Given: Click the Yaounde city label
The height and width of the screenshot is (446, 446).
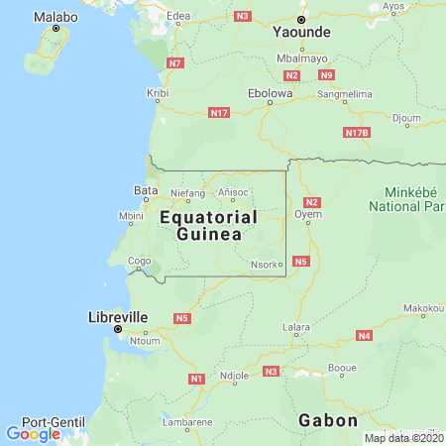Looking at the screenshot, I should [x=300, y=31].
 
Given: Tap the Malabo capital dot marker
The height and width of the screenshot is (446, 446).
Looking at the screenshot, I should [x=56, y=29].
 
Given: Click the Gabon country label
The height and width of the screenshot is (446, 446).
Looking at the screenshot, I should [x=327, y=420].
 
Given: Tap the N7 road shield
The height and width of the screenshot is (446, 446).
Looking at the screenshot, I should [x=175, y=63].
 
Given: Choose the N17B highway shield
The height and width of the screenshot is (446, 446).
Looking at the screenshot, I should [x=356, y=132].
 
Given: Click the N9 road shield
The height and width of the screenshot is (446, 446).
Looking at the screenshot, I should [x=326, y=75].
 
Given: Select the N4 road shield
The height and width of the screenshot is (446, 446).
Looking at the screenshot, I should [x=365, y=336].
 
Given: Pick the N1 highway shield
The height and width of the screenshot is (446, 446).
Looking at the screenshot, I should [x=196, y=379].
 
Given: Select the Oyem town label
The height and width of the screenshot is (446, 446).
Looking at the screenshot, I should [x=307, y=213].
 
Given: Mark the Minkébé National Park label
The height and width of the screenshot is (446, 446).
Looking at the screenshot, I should [x=406, y=199].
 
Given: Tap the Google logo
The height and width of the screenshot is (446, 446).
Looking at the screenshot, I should [x=33, y=433].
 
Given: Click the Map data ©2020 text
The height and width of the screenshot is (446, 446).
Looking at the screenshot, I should [x=402, y=438].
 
